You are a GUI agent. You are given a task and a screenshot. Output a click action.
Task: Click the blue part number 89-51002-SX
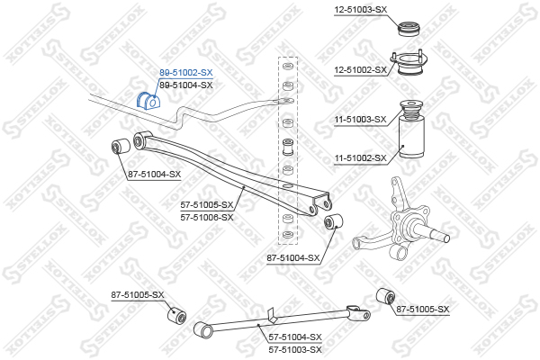tap(186, 73)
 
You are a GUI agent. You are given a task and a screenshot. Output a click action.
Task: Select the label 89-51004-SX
tap(186, 85)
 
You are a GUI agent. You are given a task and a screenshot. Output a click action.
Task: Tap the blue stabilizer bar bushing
tap(148, 100)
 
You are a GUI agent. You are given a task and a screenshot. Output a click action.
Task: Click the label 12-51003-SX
tap(361, 10)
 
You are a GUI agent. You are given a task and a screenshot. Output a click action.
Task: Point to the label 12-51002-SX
tap(361, 70)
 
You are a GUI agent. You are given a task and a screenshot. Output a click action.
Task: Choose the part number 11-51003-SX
tap(361, 120)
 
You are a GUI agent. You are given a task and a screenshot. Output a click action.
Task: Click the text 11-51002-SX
tap(361, 158)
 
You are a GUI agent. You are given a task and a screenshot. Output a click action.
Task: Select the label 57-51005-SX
tap(207, 205)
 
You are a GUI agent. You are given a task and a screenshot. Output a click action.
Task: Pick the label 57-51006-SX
tap(207, 218)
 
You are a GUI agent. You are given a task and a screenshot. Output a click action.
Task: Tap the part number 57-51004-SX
tap(295, 337)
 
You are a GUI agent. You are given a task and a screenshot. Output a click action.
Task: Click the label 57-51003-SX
tap(295, 350)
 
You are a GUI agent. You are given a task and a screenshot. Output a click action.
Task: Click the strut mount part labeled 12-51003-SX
tap(409, 29)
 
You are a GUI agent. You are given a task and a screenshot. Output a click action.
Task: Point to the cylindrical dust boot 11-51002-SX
tap(411, 138)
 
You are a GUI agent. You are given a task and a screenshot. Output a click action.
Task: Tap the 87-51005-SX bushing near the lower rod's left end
tap(176, 315)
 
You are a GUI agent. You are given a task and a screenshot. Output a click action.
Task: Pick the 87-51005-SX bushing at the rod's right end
tap(385, 296)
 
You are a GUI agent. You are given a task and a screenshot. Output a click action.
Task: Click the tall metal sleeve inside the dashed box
tap(288, 147)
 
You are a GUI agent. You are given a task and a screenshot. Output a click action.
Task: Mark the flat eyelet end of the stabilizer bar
tap(285, 101)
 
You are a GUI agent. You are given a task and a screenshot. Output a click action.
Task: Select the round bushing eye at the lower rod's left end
tap(203, 330)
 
